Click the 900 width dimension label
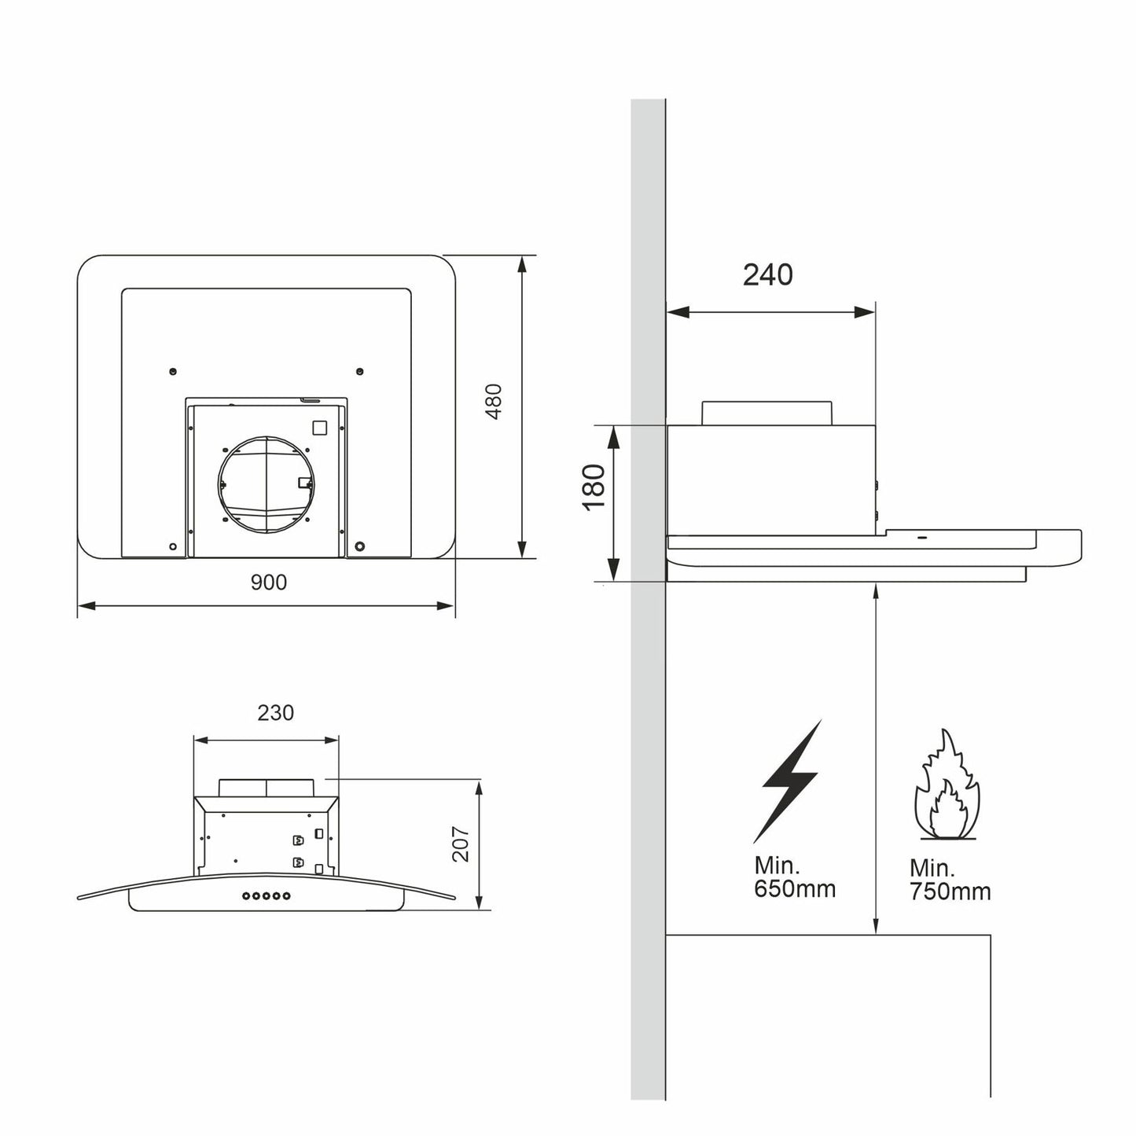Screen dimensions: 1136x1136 [269, 583]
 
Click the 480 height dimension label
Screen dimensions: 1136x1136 [493, 402]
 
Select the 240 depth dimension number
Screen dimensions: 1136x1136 [767, 275]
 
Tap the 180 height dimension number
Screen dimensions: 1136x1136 [595, 487]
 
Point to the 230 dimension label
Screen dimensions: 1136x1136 [275, 712]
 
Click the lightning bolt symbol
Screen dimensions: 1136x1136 [790, 779]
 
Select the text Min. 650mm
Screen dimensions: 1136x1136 [794, 877]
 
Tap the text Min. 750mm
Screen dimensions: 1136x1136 [950, 880]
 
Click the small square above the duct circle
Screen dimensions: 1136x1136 [319, 428]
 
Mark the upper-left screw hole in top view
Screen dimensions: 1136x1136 [173, 371]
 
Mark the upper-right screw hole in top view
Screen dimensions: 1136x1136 [359, 371]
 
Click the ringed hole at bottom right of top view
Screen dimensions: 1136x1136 [359, 546]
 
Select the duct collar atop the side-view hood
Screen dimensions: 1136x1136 [766, 413]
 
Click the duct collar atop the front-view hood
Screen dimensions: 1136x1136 [267, 787]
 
